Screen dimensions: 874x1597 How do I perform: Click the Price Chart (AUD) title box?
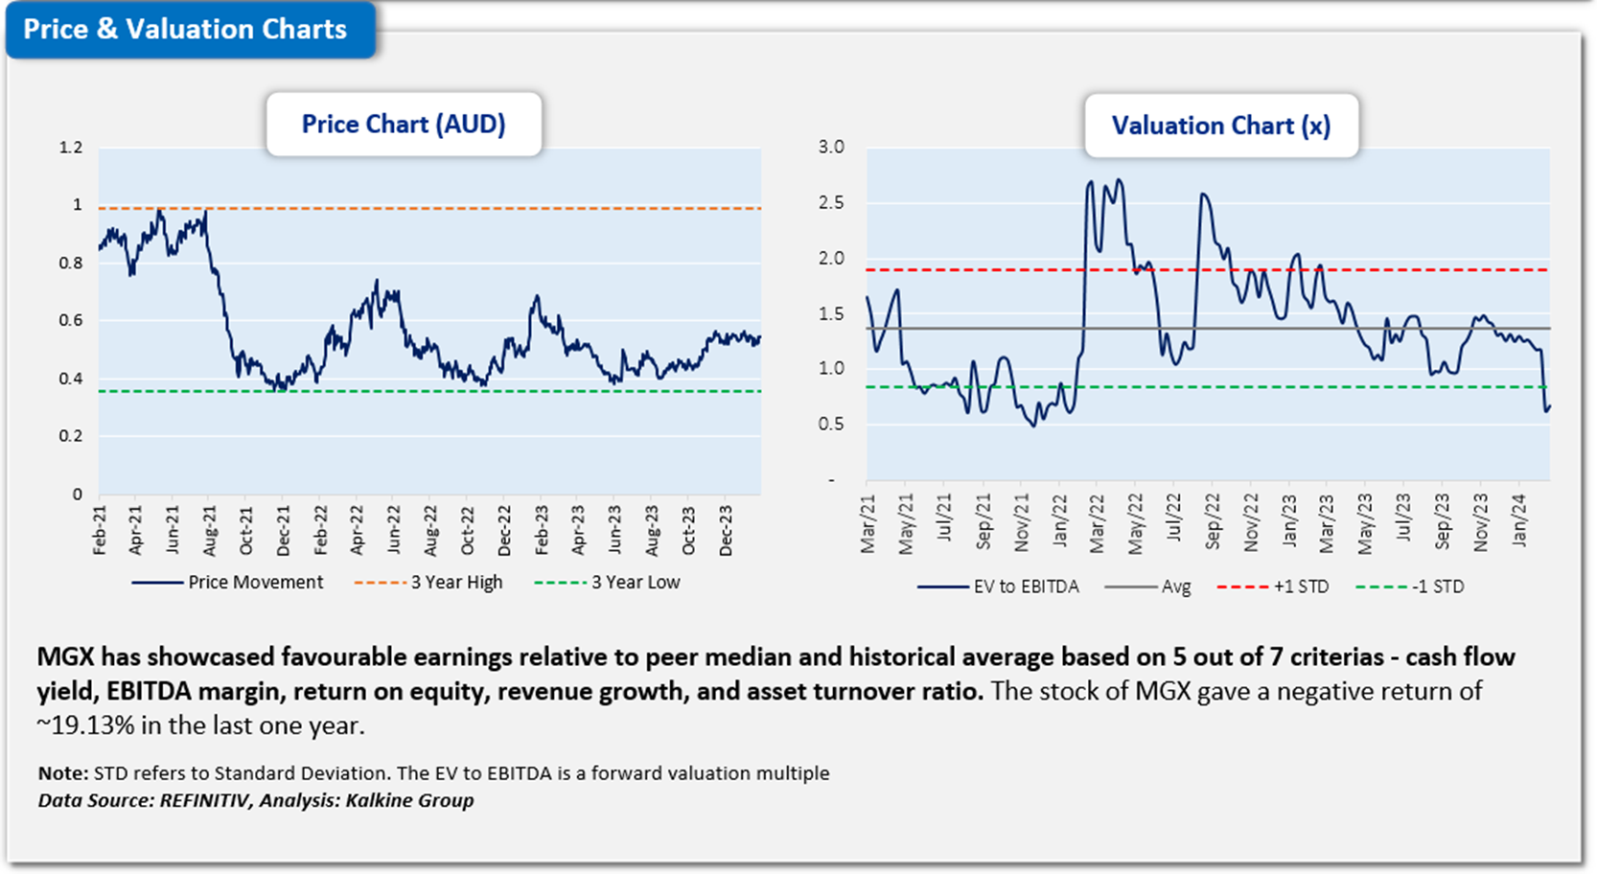click(x=404, y=125)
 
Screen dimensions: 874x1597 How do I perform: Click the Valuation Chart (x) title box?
click(x=1220, y=126)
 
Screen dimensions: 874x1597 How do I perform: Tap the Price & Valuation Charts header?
click(x=185, y=30)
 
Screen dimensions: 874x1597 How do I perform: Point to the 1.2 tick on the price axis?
click(x=71, y=148)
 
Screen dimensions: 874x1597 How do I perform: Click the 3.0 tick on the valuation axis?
click(x=831, y=148)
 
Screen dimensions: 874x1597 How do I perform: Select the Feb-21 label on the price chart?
click(x=100, y=529)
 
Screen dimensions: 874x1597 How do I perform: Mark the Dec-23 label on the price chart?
click(x=727, y=529)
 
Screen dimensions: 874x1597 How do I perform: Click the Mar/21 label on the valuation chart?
click(x=868, y=524)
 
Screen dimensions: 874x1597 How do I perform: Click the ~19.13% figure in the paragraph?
click(x=86, y=725)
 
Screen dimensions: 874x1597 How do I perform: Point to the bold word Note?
click(x=63, y=773)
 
